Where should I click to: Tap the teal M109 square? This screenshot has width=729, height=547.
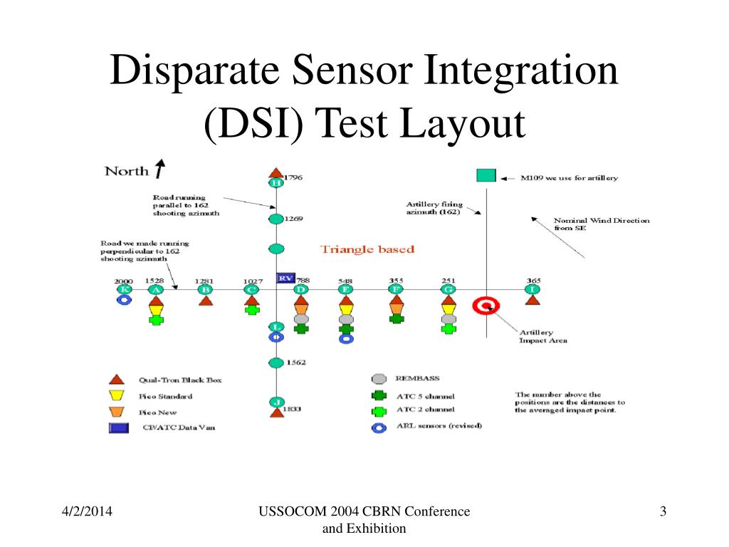[x=486, y=175]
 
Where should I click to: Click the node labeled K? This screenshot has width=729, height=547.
[x=124, y=289]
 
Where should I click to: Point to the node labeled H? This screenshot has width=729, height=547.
[x=276, y=183]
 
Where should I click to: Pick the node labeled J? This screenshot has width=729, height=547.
[x=276, y=402]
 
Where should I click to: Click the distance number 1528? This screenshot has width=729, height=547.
[x=154, y=281]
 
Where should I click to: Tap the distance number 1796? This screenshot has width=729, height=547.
[x=293, y=177]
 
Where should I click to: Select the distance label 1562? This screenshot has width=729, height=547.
[x=295, y=363]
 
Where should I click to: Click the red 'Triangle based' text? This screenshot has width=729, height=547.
[x=367, y=249]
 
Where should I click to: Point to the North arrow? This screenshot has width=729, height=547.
[x=160, y=168]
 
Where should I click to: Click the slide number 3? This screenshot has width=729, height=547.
[x=663, y=511]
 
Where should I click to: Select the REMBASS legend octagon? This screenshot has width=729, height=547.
[x=379, y=379]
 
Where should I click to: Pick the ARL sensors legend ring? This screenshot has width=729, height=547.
[x=379, y=427]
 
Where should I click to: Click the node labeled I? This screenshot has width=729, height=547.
[x=532, y=289]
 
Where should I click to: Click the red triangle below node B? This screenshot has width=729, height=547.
[x=206, y=301]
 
